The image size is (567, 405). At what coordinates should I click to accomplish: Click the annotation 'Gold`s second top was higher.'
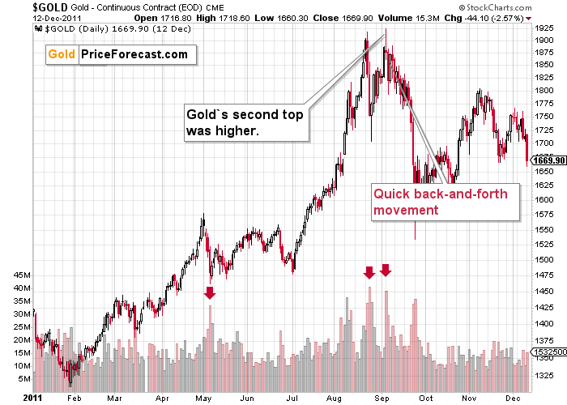245,122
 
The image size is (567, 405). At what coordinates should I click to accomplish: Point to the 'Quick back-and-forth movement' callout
444,202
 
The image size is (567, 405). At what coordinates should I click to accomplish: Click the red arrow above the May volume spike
210,292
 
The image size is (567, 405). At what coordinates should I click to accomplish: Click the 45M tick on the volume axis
21,275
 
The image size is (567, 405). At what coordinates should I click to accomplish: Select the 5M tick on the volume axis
24,378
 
